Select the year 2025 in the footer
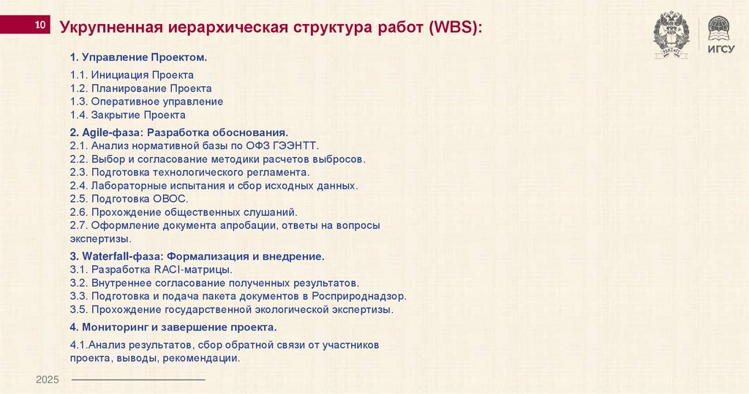click(47, 380)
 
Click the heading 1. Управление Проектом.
click(138, 57)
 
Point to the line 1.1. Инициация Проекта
click(132, 75)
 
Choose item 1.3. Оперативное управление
click(146, 102)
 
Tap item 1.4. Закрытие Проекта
click(128, 115)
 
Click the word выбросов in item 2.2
click(340, 159)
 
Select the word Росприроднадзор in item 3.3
click(362, 296)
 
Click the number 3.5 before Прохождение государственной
click(78, 309)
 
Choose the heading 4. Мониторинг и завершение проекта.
click(173, 327)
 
